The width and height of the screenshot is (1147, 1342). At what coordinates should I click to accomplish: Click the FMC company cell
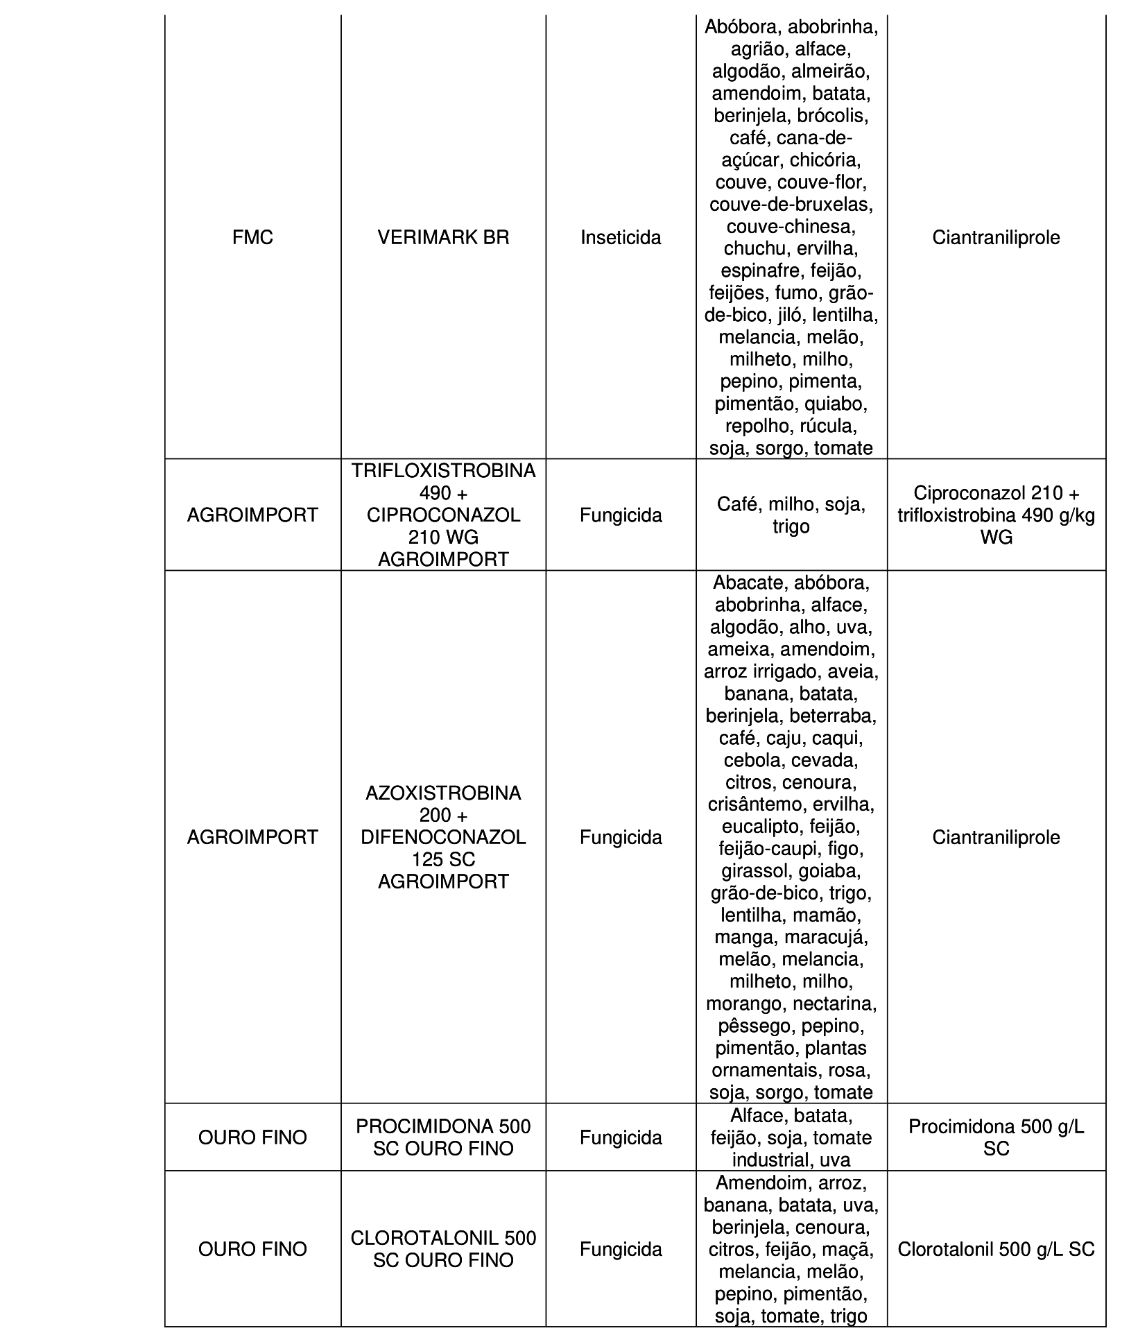click(x=252, y=238)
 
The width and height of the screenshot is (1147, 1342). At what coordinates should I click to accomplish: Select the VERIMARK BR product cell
click(x=443, y=238)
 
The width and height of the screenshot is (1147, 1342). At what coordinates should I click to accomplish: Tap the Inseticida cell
click(x=621, y=238)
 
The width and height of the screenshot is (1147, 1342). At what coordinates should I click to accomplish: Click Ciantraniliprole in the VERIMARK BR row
click(x=996, y=238)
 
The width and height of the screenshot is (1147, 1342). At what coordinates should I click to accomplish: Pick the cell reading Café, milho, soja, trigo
click(x=791, y=515)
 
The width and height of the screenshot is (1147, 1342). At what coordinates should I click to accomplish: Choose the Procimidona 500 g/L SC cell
click(x=996, y=1137)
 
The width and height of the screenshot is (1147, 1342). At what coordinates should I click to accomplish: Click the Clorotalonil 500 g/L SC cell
click(x=996, y=1249)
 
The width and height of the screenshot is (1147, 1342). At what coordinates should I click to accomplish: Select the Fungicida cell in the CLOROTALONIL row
click(x=621, y=1249)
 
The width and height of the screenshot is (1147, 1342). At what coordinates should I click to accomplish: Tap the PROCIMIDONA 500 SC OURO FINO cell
click(x=443, y=1137)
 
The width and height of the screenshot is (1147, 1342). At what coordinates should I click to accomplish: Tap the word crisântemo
click(x=752, y=805)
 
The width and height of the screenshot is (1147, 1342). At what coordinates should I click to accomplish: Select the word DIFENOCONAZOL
click(x=443, y=837)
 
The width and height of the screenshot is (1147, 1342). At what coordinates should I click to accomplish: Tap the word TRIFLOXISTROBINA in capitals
click(x=443, y=471)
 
